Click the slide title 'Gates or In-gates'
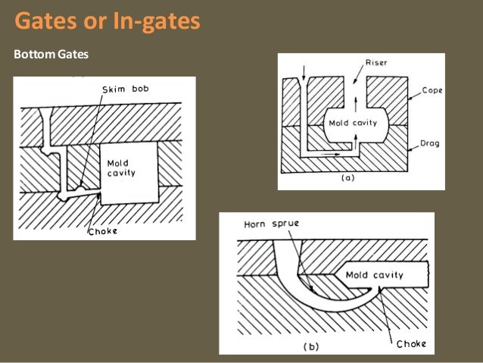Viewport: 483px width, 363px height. pos(108,21)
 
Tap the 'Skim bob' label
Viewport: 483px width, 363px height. pos(126,89)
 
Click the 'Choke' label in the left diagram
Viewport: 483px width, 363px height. pos(102,231)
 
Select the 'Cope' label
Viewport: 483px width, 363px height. pos(432,90)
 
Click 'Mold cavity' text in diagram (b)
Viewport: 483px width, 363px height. pos(374,275)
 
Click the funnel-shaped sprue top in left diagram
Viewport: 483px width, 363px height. pos(47,114)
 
